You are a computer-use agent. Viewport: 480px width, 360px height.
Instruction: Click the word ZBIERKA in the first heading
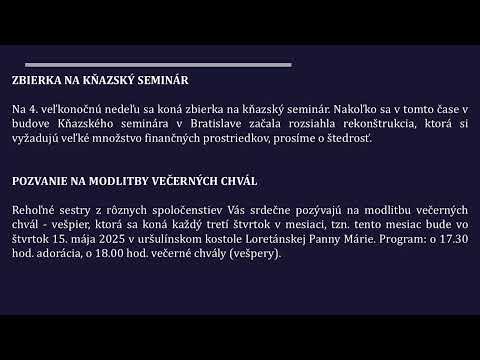click(35, 80)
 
